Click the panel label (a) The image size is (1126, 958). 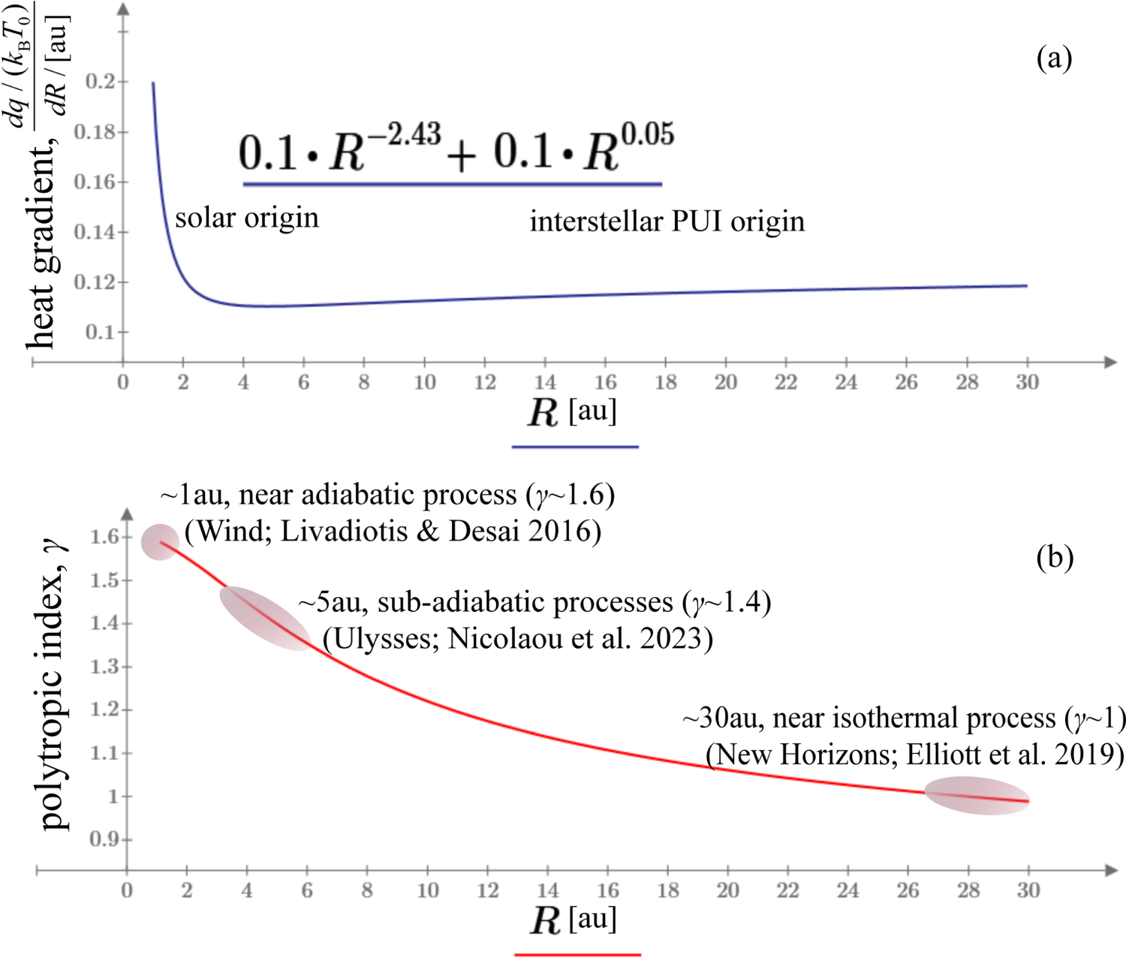click(1054, 57)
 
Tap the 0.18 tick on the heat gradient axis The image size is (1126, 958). click(100, 132)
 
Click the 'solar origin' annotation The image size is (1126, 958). click(247, 218)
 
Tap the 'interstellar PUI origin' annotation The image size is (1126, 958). click(667, 221)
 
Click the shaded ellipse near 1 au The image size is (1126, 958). click(160, 541)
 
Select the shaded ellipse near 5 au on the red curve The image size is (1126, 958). click(265, 617)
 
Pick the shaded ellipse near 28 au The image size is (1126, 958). click(976, 796)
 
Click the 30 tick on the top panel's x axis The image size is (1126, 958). click(1027, 382)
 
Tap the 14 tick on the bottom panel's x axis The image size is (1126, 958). click(547, 890)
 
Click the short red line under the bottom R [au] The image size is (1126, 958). click(577, 954)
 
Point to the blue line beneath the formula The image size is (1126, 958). click(452, 183)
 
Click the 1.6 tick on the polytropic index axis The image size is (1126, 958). click(105, 536)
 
